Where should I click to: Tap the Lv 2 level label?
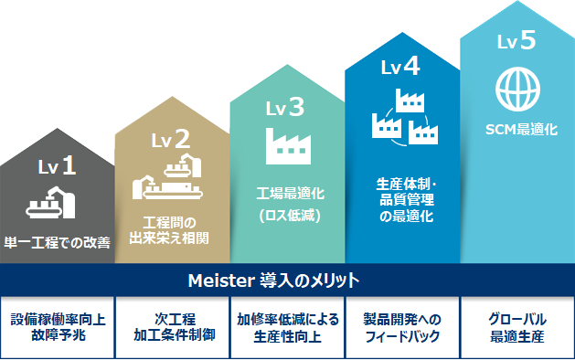tap(171, 139)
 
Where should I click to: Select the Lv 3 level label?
tap(286, 109)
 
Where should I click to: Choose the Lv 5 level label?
tap(516, 40)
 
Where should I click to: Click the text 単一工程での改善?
tap(57, 243)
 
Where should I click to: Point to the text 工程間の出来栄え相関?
tap(171, 230)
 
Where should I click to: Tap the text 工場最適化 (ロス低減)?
tap(286, 204)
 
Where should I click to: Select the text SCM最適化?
tap(516, 130)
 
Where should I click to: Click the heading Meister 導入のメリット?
tap(286, 279)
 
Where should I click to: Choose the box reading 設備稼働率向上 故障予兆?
tap(58, 327)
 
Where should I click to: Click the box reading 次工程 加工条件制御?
tap(171, 327)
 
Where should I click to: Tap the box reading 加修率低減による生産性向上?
tap(286, 327)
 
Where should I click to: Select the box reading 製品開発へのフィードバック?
tap(401, 327)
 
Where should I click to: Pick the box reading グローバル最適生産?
tap(516, 327)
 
